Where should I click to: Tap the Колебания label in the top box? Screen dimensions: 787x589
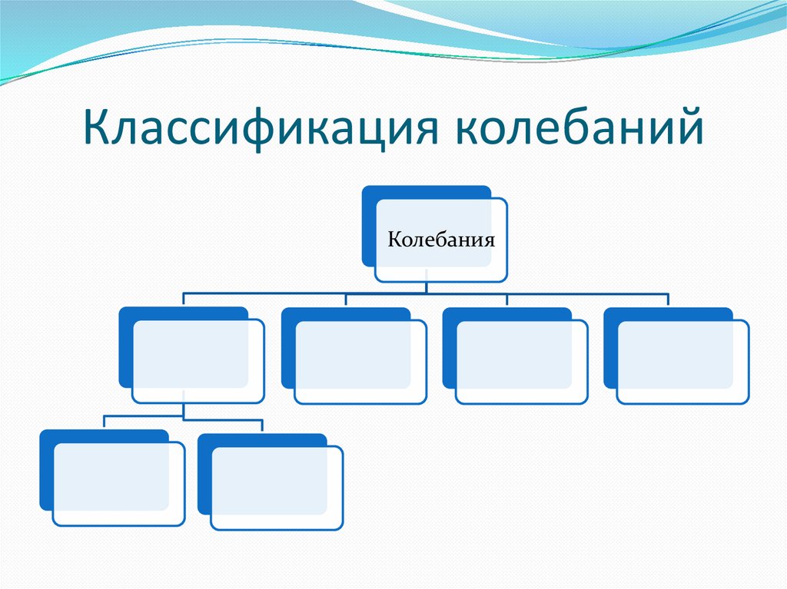point(440,239)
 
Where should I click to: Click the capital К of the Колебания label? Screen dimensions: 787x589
point(393,239)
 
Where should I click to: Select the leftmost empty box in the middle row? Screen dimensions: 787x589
point(198,361)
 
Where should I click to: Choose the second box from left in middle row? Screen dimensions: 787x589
point(360,361)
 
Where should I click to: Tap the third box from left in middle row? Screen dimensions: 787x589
point(522,361)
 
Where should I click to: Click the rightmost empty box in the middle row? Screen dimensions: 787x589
point(682,361)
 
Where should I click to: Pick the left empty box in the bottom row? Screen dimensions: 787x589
point(118,485)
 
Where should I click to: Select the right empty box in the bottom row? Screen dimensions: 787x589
point(277,488)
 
